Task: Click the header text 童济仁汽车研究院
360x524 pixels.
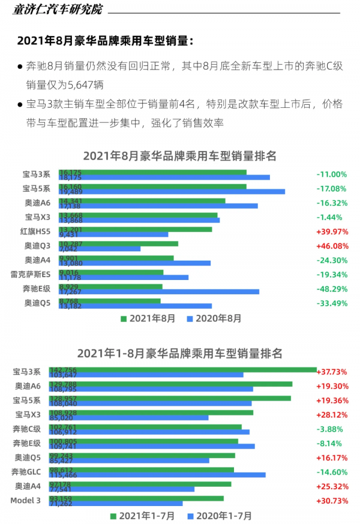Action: pos(58,9)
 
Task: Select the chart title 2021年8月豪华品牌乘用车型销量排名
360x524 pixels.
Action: pos(180,156)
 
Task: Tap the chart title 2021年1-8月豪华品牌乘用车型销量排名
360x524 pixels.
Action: pos(180,354)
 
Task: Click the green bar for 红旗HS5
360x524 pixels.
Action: pos(135,229)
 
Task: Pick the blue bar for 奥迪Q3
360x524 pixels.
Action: pos(100,248)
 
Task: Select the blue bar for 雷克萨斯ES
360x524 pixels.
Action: pos(124,277)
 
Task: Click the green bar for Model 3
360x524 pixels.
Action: pos(141,498)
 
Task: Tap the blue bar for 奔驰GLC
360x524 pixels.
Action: pos(162,475)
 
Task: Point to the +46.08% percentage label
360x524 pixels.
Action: pos(332,246)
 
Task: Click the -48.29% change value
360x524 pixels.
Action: pos(332,289)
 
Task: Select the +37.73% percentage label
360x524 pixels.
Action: pos(333,372)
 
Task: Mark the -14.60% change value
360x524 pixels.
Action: pos(332,472)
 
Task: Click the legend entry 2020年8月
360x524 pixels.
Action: pos(214,318)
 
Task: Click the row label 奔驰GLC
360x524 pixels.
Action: pos(26,472)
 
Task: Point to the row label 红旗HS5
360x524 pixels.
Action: pos(35,231)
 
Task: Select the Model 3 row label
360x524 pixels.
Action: pos(26,501)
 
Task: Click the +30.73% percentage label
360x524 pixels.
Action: pos(333,501)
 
